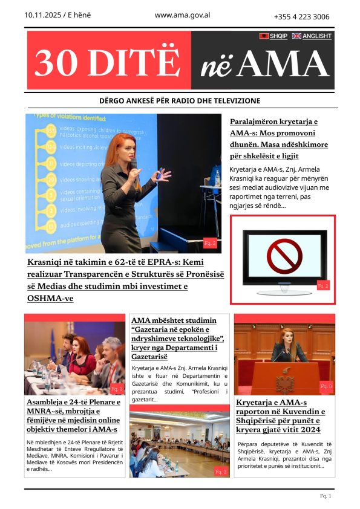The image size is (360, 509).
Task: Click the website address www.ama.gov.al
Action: click(182, 16)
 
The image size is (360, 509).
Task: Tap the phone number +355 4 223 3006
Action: click(301, 17)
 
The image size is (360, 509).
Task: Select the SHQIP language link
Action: click(278, 36)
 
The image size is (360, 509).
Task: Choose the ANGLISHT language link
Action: click(317, 36)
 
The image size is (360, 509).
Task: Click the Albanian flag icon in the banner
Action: click(264, 36)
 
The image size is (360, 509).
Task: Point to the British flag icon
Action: click(296, 36)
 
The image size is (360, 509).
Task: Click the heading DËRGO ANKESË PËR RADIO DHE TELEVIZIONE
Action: click(180, 100)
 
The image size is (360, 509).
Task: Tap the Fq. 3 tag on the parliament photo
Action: click(326, 386)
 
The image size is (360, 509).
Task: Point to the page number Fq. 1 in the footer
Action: click(326, 496)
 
